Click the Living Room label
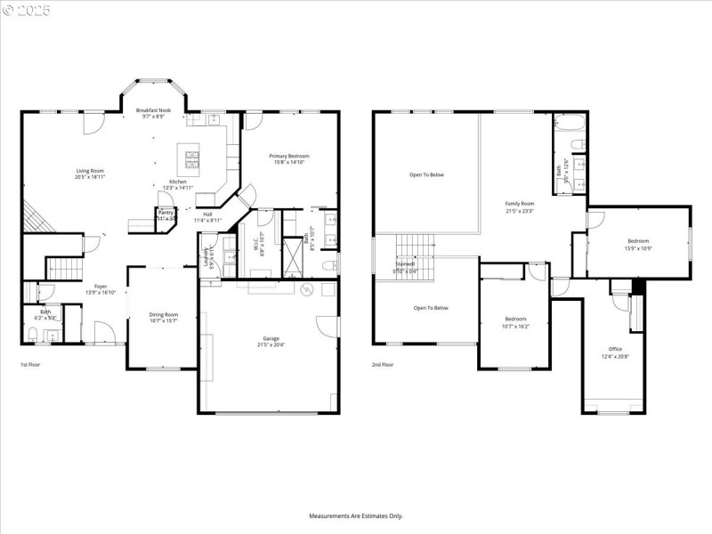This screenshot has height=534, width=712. tap(90, 170)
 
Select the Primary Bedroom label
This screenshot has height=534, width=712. tap(291, 156)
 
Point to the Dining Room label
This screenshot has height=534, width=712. tap(163, 314)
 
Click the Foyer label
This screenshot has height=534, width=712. tap(101, 287)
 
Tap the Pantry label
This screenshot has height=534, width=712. tap(166, 213)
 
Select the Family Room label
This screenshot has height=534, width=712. tap(520, 203)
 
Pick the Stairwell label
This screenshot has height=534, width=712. tap(405, 264)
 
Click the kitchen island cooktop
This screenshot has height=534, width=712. tap(193, 160)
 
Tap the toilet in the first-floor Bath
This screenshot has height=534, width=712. tap(33, 336)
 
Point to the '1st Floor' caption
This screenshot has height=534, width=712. tap(30, 365)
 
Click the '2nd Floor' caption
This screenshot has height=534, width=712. tap(383, 365)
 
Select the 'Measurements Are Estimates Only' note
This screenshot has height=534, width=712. tap(356, 515)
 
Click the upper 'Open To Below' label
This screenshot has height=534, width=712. tap(426, 174)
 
